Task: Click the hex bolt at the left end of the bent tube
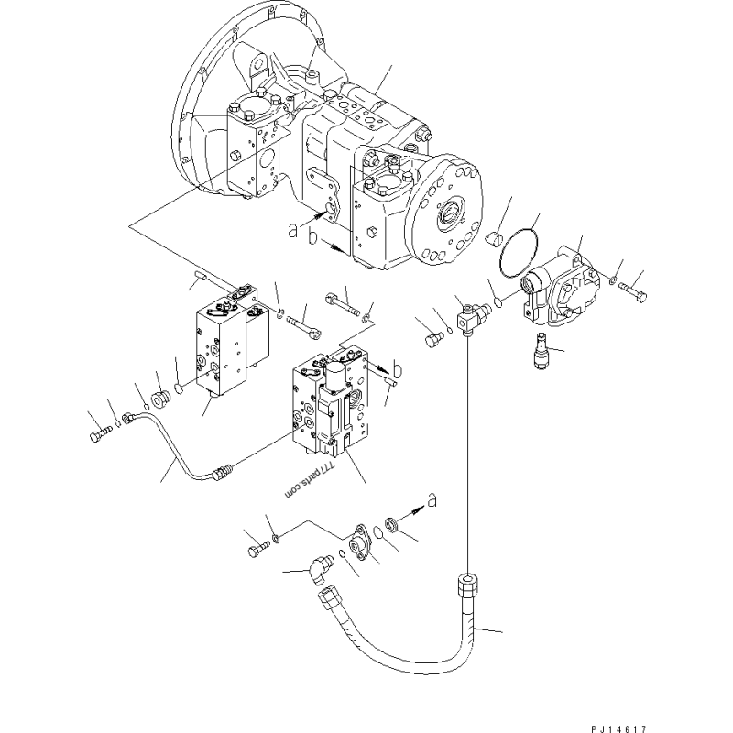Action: click(98, 436)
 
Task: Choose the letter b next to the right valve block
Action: click(377, 368)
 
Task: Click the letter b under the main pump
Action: click(314, 240)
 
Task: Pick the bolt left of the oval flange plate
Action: click(256, 549)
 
